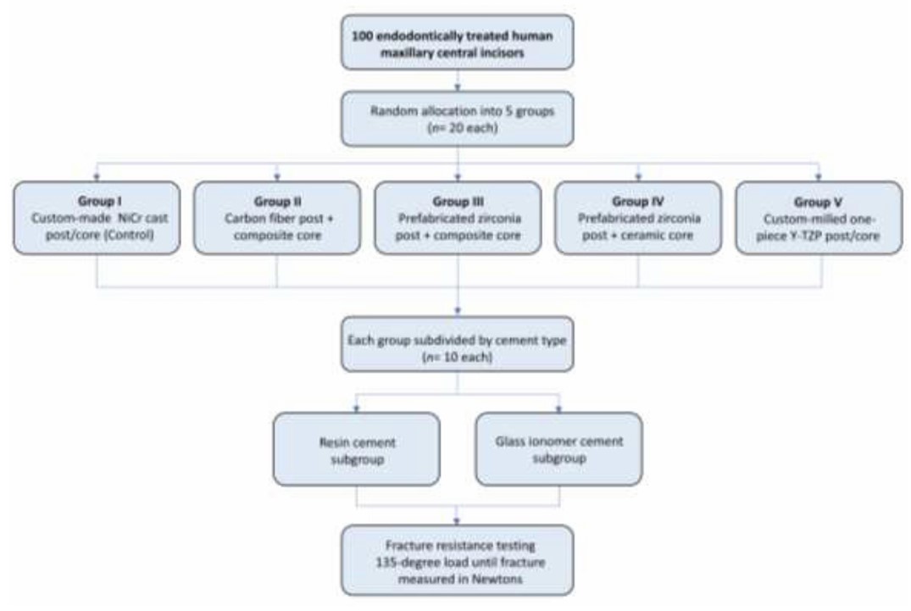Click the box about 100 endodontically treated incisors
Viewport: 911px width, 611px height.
pos(458,39)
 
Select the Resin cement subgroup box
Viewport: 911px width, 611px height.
pos(356,448)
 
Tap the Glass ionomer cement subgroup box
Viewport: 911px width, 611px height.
pos(558,448)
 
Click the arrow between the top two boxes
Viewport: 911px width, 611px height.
pos(458,81)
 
